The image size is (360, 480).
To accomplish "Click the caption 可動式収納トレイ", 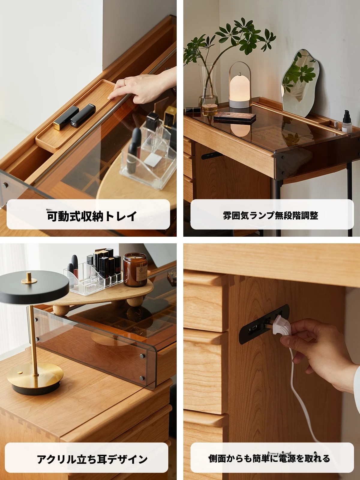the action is [92, 215].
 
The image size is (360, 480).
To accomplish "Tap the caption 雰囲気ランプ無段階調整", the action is [270, 215].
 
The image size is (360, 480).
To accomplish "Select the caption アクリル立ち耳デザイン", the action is [92, 459].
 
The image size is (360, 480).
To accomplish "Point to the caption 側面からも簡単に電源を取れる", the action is [269, 459].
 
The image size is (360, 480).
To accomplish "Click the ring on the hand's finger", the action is [124, 82].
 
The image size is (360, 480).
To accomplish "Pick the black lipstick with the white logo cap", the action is [83, 115].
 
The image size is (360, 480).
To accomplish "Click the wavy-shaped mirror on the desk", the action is [300, 83].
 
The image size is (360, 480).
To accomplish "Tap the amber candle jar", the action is [135, 270].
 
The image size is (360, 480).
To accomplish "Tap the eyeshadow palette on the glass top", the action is [235, 118].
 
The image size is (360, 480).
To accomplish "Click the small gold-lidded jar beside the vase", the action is [210, 109].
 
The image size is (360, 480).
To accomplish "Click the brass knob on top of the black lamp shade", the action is [29, 277].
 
